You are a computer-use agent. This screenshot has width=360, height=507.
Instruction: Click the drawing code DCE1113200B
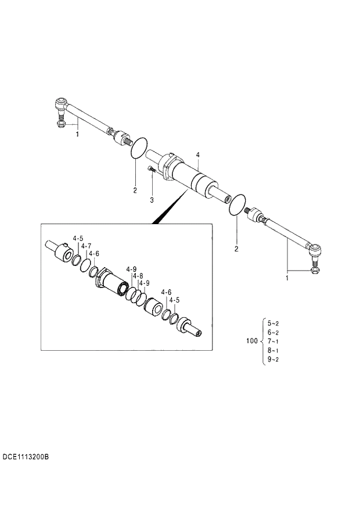24,458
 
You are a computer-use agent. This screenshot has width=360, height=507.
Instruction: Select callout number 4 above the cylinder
198,154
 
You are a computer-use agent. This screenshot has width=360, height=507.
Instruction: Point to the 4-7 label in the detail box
86,246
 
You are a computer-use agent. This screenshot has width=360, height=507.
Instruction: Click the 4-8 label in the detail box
138,276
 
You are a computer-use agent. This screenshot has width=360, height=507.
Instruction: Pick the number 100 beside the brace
252,341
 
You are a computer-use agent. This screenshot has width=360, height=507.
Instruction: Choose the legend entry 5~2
273,323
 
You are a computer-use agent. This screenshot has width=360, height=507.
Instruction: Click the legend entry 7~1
273,341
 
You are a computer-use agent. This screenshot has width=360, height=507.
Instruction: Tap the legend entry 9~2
273,360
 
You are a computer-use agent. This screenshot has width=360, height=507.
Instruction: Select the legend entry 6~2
273,332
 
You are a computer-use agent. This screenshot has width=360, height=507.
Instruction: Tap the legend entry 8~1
273,351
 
